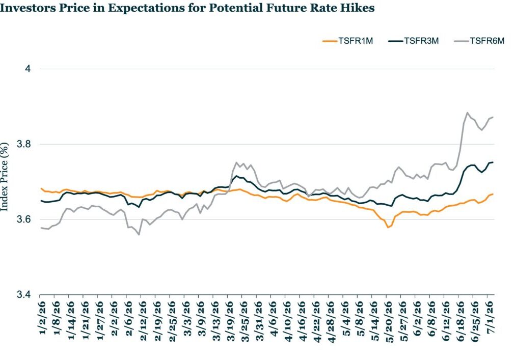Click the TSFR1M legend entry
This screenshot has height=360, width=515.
coord(348,41)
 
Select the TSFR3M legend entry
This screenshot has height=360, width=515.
coord(414,41)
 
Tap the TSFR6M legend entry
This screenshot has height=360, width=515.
coord(479,41)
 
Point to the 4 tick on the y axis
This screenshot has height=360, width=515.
coord(28,69)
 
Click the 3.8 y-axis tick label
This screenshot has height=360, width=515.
coord(23,144)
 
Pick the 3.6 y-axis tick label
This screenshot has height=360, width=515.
coord(23,219)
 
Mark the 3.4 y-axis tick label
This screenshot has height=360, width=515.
coord(23,294)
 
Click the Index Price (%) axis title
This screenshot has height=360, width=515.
coord(4,177)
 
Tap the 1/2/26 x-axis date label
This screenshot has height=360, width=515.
coord(42,318)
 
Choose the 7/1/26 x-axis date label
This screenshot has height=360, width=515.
coord(490,318)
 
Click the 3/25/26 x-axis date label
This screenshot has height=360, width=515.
coord(245,321)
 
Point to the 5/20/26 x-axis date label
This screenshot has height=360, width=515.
coord(389,321)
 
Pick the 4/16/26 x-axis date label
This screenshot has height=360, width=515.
coord(303,321)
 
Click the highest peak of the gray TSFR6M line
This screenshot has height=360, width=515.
coord(467,113)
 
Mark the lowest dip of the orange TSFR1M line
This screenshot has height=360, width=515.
coord(388,228)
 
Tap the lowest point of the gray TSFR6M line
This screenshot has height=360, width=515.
coord(139,235)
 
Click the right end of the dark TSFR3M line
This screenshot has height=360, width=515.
coord(493,162)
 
